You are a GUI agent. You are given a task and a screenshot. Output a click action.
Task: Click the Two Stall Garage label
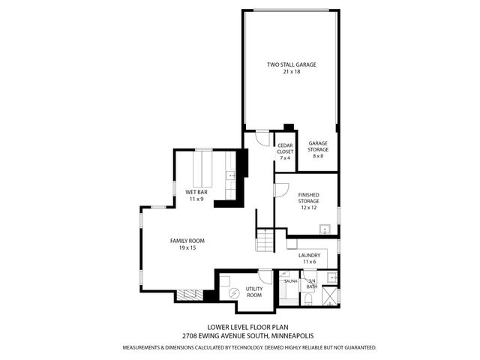pos(291,65)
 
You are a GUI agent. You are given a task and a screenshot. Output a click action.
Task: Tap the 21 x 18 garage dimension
pos(291,72)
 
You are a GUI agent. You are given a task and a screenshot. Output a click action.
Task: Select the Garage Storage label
pos(318,146)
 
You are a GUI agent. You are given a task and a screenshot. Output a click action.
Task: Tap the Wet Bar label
pos(196,193)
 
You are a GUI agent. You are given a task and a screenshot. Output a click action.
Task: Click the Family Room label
pos(187,241)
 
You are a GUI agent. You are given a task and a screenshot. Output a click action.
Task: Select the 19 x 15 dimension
pos(187,248)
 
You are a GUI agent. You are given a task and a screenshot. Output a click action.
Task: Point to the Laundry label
pos(309,255)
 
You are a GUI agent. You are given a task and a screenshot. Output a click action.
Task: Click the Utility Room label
pos(253,292)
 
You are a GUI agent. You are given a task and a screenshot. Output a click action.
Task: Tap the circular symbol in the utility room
pos(233,292)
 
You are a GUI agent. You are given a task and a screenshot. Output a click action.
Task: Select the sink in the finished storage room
pos(325,228)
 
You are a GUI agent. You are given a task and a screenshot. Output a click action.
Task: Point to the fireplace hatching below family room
pos(190,295)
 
